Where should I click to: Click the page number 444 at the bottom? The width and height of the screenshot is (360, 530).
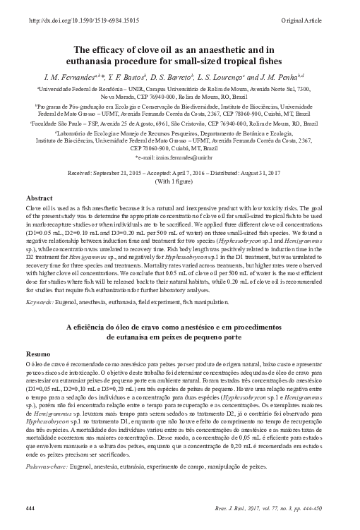[x=30, y=508]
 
